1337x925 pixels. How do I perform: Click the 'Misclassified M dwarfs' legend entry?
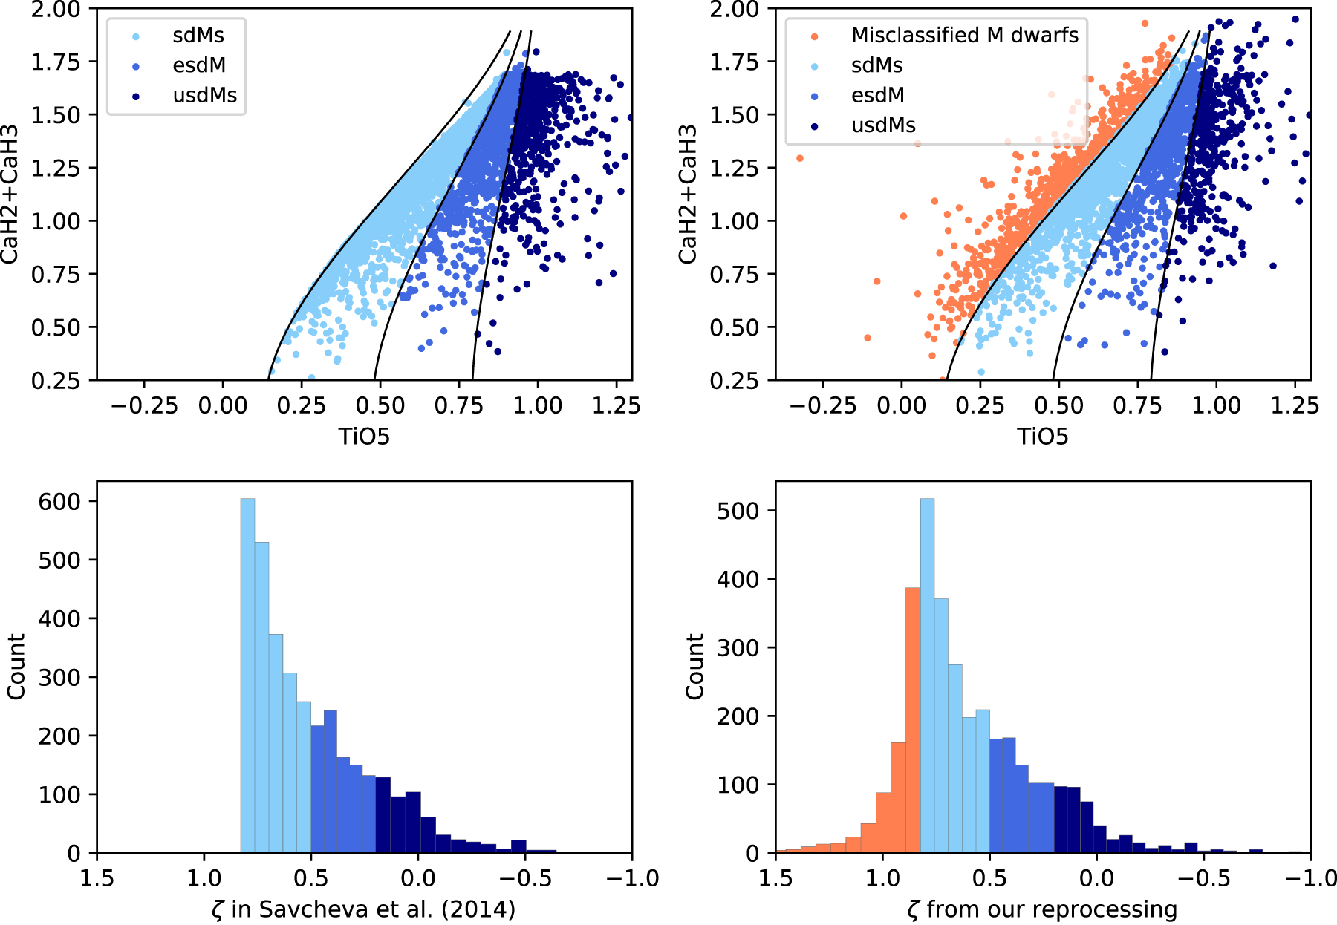pos(964,35)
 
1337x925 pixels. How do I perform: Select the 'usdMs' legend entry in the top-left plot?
pos(204,95)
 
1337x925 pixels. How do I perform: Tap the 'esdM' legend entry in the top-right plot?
pos(877,95)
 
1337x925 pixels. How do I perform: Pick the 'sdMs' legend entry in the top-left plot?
pos(198,35)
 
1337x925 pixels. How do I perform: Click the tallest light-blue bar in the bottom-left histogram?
pos(247,676)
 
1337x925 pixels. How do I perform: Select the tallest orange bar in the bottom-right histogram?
pos(913,720)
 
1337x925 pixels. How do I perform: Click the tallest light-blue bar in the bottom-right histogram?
pos(927,676)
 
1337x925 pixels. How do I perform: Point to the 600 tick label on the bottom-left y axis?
pos(59,502)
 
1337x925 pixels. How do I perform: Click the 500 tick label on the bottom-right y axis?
pos(738,511)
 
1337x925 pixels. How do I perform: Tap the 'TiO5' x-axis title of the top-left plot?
pos(364,436)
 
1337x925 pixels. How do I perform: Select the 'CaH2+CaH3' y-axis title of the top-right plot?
pos(688,194)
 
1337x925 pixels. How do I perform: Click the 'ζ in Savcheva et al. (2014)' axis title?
pos(363,909)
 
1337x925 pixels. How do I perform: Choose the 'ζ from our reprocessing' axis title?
pos(1042,909)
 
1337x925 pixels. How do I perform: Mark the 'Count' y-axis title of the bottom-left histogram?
pos(16,666)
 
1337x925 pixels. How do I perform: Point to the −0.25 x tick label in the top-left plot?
pos(144,405)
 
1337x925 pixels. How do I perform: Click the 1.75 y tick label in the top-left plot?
pos(55,62)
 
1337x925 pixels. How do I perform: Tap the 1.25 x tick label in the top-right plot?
pos(1295,405)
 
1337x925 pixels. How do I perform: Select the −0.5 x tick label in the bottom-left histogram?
pos(524,878)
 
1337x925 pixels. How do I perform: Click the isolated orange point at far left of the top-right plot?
pos(800,158)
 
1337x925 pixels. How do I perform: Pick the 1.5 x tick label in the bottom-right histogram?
pos(775,878)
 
